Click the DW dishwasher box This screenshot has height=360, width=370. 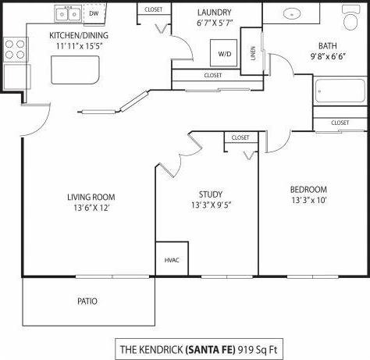tap(94, 14)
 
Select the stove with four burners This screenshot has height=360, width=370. tap(16, 49)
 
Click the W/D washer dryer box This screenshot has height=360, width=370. tap(224, 54)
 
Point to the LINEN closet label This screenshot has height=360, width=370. tap(251, 52)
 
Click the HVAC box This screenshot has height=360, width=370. tap(171, 261)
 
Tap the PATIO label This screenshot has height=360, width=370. tap(87, 301)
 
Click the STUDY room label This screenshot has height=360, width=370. tap(211, 194)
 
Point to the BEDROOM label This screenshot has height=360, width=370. tap(308, 189)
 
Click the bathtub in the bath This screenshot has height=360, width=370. tap(341, 91)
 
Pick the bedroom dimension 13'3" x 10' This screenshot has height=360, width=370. tap(308, 201)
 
